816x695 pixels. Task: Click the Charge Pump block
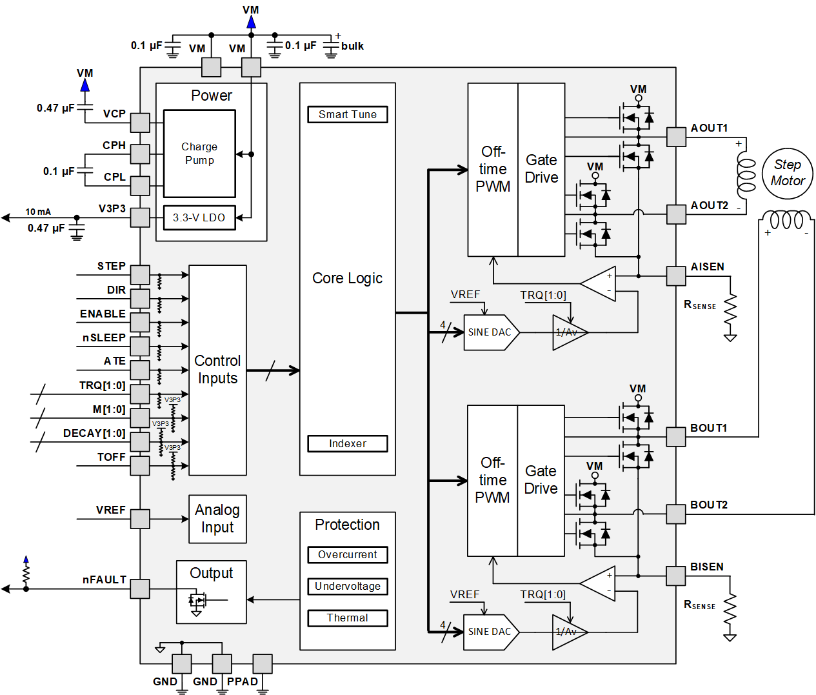[199, 154]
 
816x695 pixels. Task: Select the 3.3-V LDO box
[199, 217]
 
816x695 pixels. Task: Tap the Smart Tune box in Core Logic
[348, 114]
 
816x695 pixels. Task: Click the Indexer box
[348, 443]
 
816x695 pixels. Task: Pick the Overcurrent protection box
[348, 554]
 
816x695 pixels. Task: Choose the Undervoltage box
[348, 586]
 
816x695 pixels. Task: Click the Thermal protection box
[348, 618]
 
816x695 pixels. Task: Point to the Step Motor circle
[788, 173]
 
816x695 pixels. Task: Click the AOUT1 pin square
[676, 137]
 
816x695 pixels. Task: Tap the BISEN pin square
[676, 576]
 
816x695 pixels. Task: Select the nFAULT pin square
[140, 589]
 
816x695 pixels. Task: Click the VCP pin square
[140, 123]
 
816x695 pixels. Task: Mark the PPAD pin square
[263, 663]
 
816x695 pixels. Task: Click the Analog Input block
[217, 519]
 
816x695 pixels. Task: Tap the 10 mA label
[38, 212]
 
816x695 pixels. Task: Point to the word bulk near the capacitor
[352, 46]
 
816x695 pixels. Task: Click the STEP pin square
[140, 275]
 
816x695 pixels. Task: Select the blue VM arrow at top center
[251, 23]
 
